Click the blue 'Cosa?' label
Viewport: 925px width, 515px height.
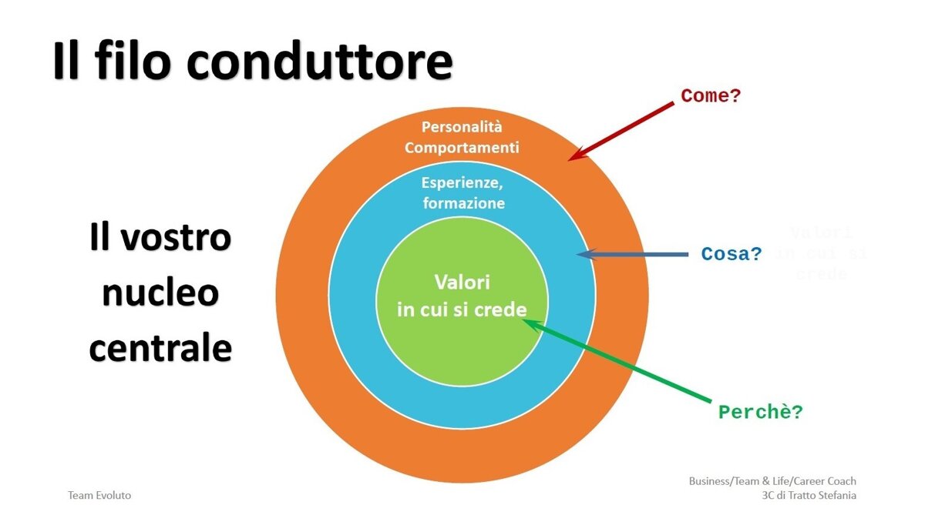pos(732,254)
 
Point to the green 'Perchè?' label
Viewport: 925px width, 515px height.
pos(761,413)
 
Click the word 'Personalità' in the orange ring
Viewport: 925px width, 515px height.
pos(462,127)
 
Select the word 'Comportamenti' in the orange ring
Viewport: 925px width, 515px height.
pos(462,147)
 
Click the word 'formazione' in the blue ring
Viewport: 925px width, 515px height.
pos(463,203)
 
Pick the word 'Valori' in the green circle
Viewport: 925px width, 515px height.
pos(462,282)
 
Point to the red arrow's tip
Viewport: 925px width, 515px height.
pos(571,159)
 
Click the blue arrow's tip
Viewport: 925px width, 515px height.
pos(578,253)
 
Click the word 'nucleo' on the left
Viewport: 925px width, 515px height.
pos(160,293)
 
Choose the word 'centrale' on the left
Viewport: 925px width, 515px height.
pos(160,348)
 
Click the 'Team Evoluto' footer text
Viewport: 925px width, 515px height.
pos(99,495)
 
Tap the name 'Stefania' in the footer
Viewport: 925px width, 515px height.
pos(832,495)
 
